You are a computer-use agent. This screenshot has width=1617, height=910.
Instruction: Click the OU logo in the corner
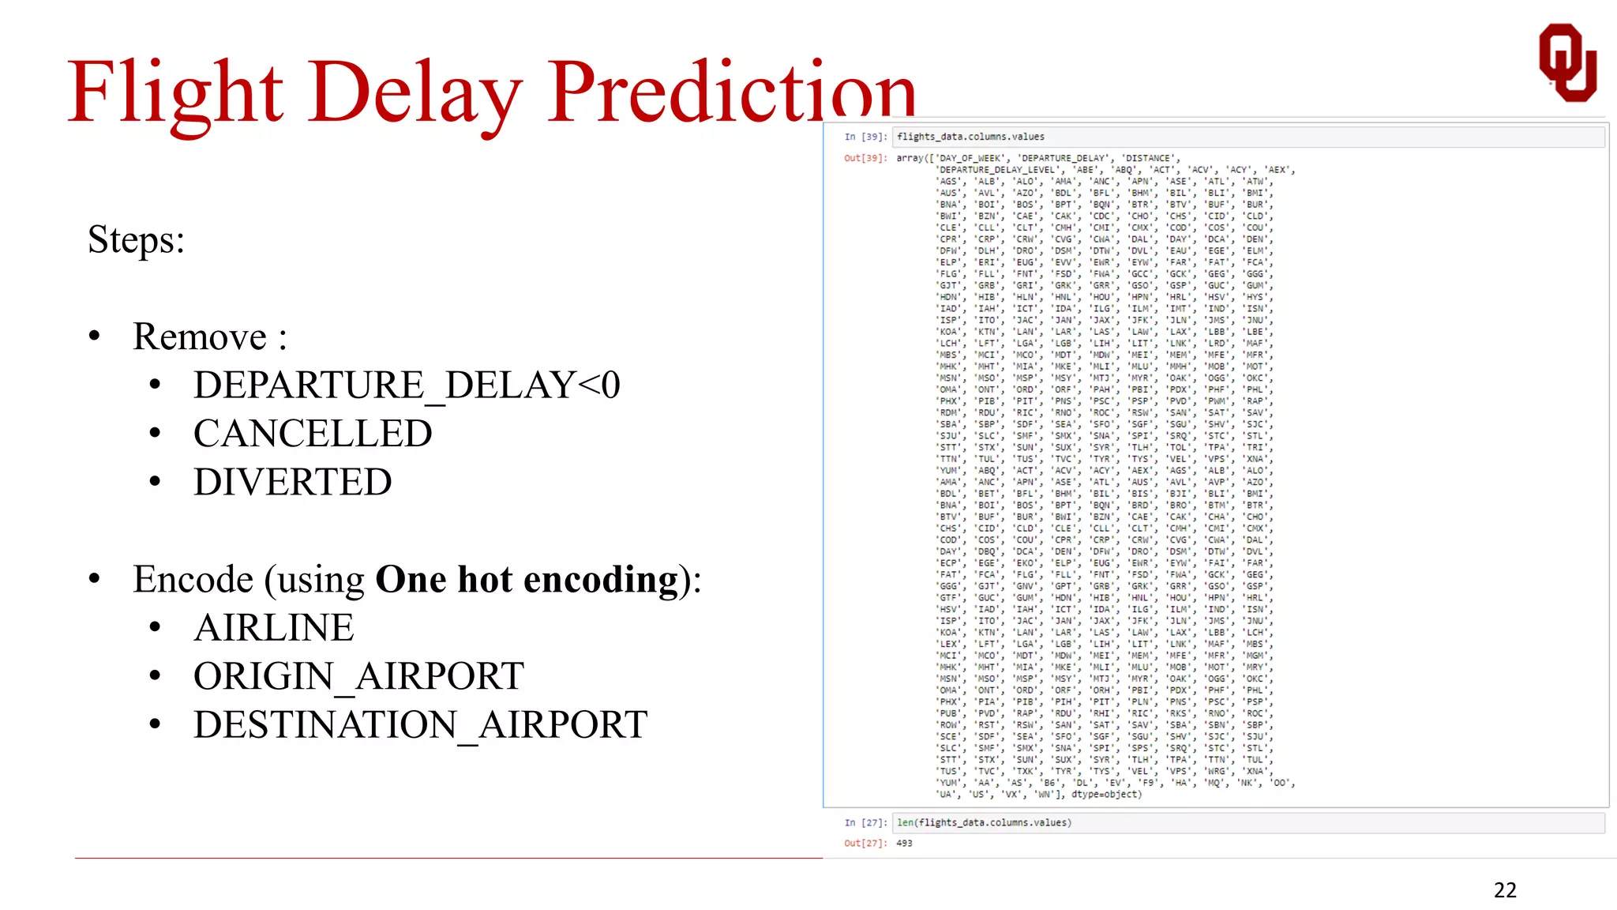tap(1567, 63)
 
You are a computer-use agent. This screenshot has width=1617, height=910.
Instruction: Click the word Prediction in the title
tap(731, 93)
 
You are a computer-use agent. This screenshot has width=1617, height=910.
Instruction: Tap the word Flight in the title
tap(175, 93)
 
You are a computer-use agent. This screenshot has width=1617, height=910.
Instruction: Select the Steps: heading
tap(136, 239)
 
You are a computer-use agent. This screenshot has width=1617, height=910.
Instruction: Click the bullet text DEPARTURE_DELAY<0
tap(407, 385)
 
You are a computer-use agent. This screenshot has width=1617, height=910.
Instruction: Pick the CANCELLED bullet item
tap(313, 434)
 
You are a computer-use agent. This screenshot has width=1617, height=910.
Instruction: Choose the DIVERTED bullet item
tap(292, 482)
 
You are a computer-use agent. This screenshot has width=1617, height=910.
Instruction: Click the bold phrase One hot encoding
tap(527, 580)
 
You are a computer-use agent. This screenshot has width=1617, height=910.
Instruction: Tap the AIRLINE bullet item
tap(274, 628)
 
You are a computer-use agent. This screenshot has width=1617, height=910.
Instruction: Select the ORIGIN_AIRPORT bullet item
tap(358, 677)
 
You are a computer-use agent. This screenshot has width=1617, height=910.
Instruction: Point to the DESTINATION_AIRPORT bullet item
tap(420, 725)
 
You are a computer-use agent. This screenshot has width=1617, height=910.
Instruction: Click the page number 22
tap(1505, 890)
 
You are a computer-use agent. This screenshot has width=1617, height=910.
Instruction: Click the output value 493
tap(904, 844)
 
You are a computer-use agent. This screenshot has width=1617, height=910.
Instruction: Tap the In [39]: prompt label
tap(865, 137)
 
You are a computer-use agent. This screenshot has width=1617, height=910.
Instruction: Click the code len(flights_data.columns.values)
tap(984, 823)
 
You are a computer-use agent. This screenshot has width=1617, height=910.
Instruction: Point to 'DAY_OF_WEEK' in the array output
tap(970, 159)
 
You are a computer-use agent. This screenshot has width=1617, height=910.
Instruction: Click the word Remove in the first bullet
tap(200, 337)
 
